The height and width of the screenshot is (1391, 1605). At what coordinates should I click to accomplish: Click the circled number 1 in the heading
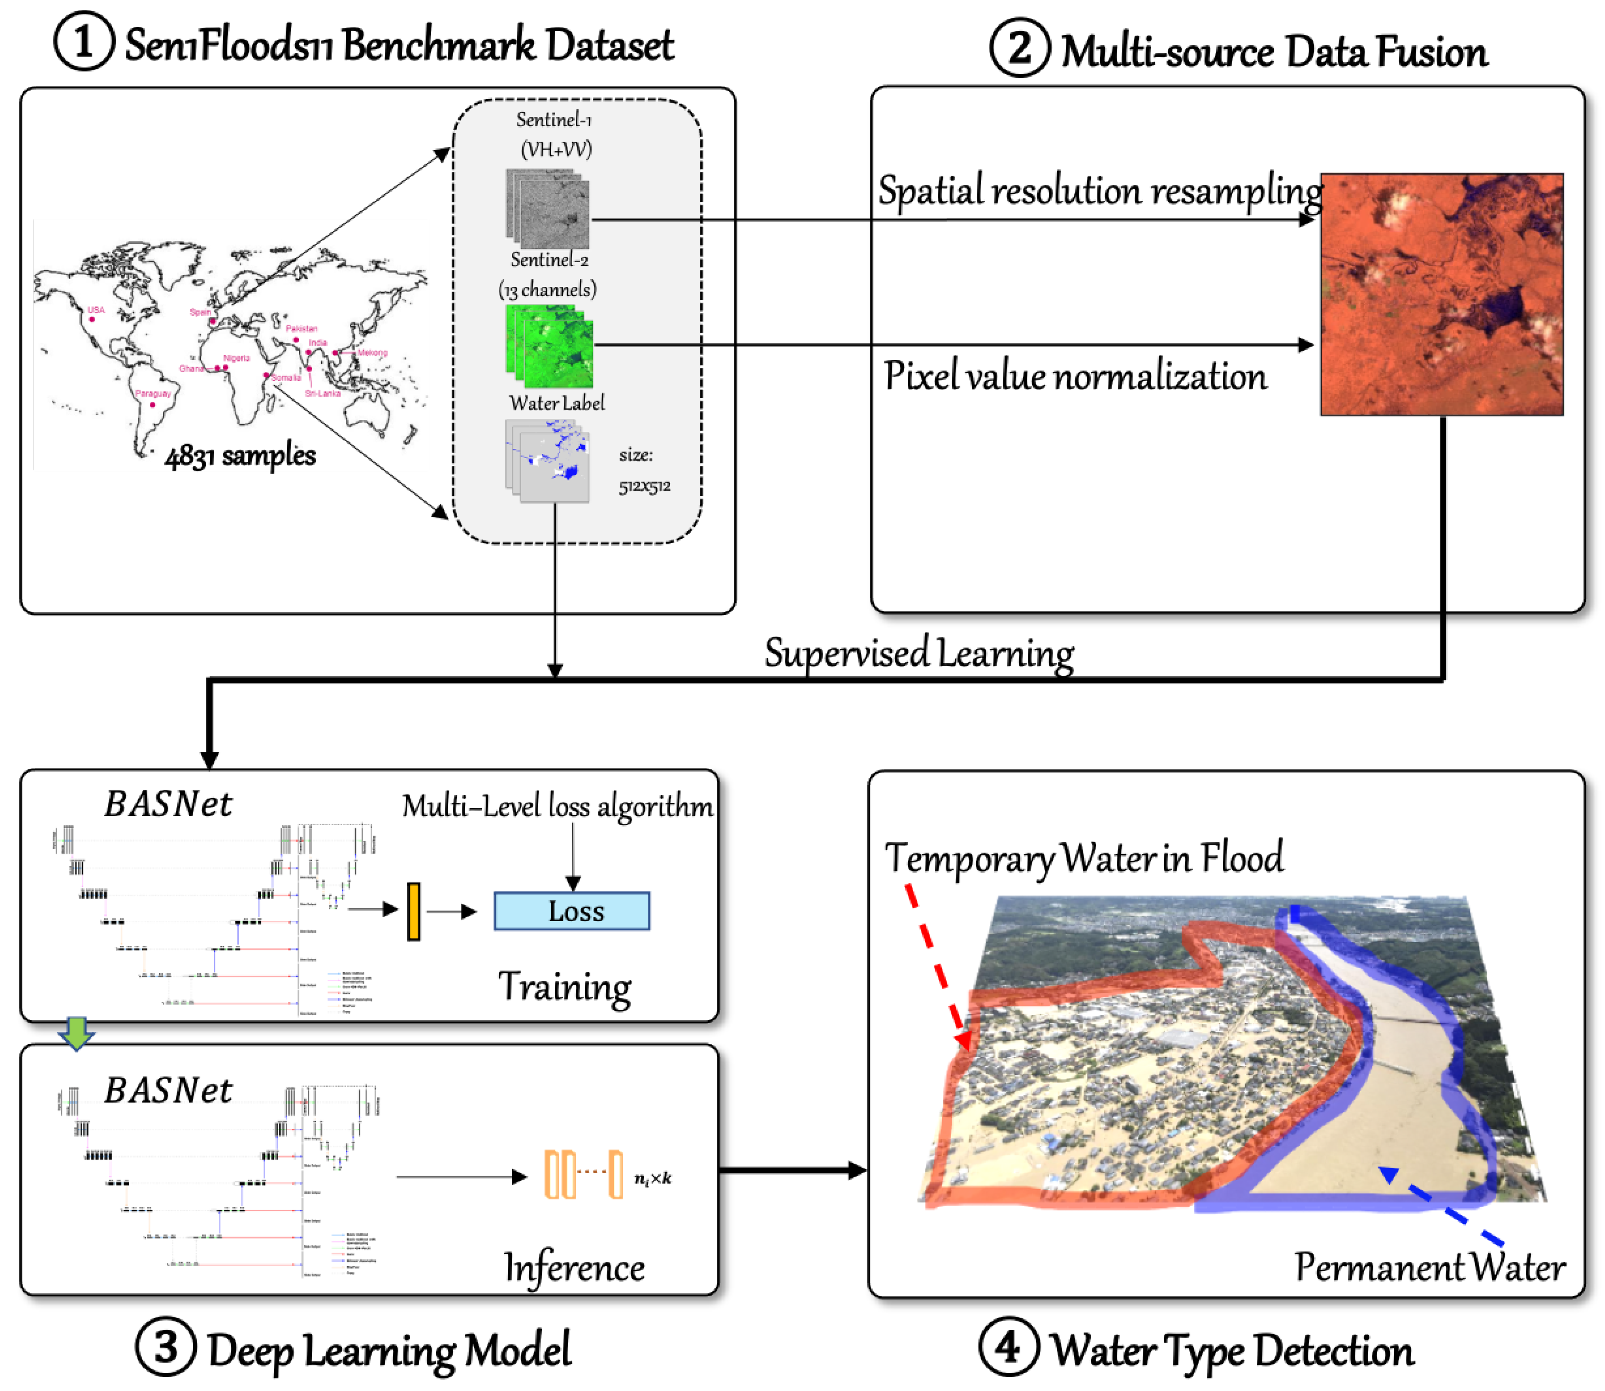pyautogui.click(x=84, y=42)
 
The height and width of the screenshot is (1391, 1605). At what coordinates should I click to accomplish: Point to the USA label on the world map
pyautogui.click(x=96, y=310)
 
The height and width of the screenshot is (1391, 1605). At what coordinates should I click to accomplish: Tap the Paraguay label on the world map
pyautogui.click(x=153, y=393)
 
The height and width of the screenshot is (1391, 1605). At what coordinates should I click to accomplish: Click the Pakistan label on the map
pyautogui.click(x=301, y=328)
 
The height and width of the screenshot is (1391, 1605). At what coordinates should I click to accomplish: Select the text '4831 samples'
pyautogui.click(x=240, y=456)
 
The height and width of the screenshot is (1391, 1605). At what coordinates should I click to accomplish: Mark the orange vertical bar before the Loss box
pyautogui.click(x=414, y=911)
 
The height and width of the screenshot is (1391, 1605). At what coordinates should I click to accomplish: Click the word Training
pyautogui.click(x=564, y=988)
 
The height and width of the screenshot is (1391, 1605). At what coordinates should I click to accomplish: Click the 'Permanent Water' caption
pyautogui.click(x=1429, y=1268)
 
